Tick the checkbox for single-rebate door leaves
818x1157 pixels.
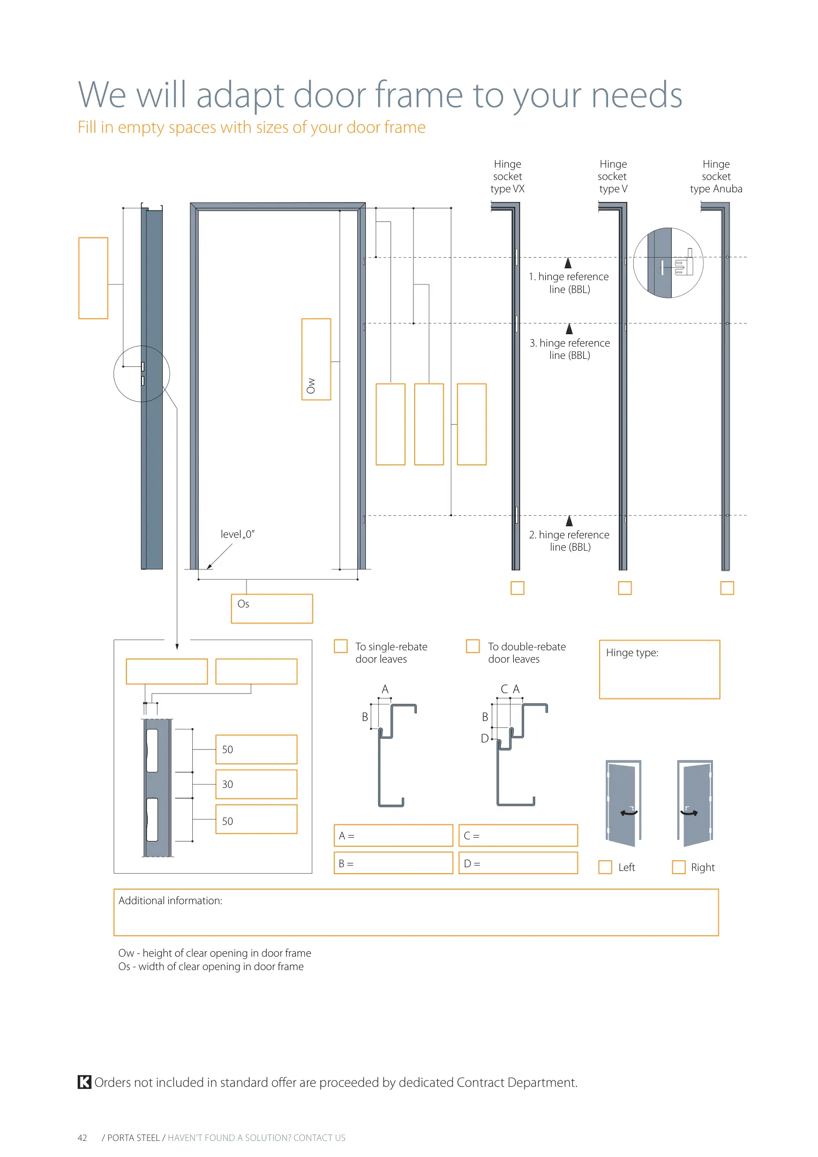[x=340, y=646]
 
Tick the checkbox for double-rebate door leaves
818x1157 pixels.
[x=472, y=646]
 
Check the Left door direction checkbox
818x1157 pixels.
[x=605, y=867]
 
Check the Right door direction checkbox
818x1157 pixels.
[x=678, y=867]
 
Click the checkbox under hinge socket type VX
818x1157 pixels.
[x=517, y=588]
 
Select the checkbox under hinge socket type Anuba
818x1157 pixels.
[x=726, y=588]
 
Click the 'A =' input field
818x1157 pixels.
[x=393, y=836]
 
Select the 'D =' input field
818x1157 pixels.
[x=518, y=863]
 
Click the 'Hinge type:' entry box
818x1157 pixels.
[x=659, y=670]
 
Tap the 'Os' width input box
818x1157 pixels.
[x=272, y=609]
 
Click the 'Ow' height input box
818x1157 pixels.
[x=316, y=359]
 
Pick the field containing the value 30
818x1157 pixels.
[x=256, y=784]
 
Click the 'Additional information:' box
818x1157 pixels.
[x=416, y=913]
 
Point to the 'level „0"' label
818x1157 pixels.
[x=237, y=534]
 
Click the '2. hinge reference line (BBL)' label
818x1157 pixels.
[x=569, y=540]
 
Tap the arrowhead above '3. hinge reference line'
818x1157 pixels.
[x=569, y=329]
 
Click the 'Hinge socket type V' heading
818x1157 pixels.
[x=613, y=176]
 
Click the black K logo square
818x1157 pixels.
[x=84, y=1082]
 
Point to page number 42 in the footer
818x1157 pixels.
[x=82, y=1138]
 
